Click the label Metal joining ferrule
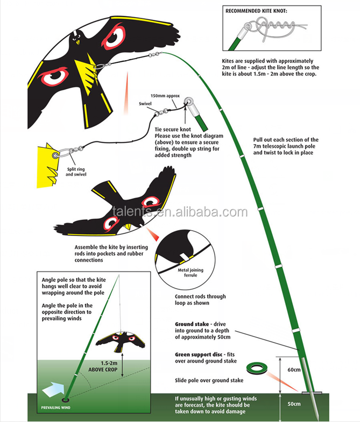click(184, 273)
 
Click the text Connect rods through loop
click(200, 299)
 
